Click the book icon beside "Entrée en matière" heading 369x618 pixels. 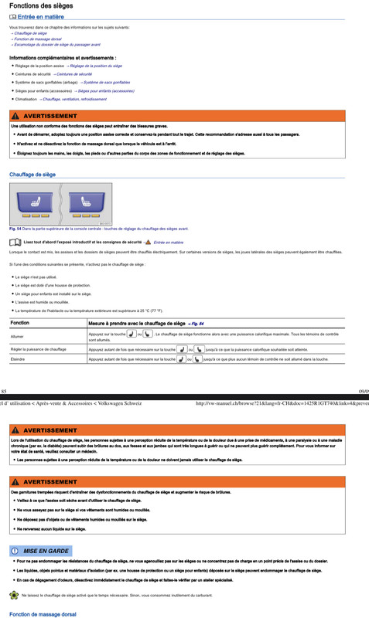pyautogui.click(x=13, y=16)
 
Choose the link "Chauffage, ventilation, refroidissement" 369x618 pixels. pyautogui.click(x=85, y=100)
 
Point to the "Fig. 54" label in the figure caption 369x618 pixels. pyautogui.click(x=15, y=229)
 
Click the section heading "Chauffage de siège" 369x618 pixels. pyautogui.click(x=32, y=175)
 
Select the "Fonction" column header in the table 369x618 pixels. pyautogui.click(x=20, y=323)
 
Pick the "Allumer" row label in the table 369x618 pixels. pyautogui.click(x=18, y=336)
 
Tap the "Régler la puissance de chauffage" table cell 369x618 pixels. pyautogui.click(x=39, y=349)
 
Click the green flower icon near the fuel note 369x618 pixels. pyautogui.click(x=13, y=595)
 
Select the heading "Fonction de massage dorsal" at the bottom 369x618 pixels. pyautogui.click(x=43, y=614)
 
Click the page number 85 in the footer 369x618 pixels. pyautogui.click(x=4, y=392)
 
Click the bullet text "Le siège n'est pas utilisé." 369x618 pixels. pyautogui.click(x=36, y=277)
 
